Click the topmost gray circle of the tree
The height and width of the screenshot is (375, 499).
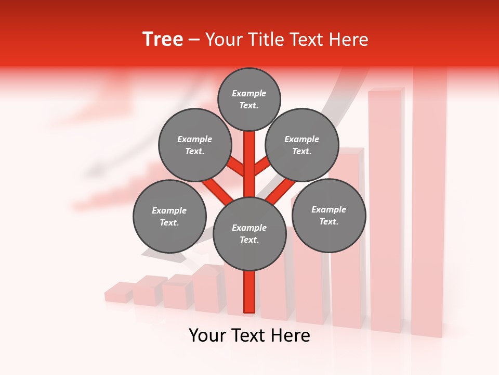click(x=249, y=99)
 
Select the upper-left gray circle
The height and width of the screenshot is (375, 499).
click(x=194, y=145)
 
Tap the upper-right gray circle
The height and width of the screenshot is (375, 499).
click(x=302, y=145)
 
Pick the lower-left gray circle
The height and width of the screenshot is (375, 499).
click(x=169, y=217)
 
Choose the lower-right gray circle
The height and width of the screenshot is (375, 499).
click(x=329, y=216)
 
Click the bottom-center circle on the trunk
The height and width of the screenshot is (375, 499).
click(x=249, y=234)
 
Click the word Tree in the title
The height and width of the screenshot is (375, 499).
click(x=163, y=40)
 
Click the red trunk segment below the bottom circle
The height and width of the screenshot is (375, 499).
click(x=249, y=292)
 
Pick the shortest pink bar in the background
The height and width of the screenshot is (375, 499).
click(x=119, y=293)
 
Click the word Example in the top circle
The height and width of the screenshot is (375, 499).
click(x=249, y=93)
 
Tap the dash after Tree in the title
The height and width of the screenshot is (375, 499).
click(x=194, y=40)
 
